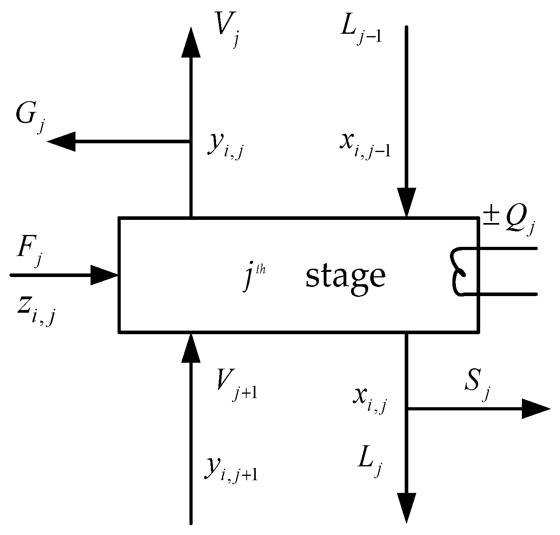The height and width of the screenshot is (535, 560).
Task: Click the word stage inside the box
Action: (x=345, y=277)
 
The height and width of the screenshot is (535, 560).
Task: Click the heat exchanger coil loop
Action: (x=461, y=272)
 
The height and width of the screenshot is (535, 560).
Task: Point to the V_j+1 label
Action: (x=234, y=387)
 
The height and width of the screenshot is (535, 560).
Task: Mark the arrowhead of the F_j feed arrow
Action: (x=104, y=275)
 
